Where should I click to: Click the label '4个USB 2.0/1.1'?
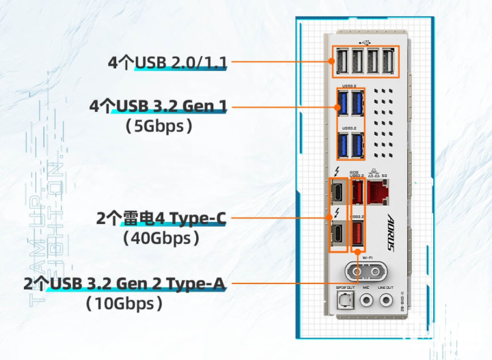(167, 63)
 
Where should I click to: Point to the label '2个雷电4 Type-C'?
(161, 219)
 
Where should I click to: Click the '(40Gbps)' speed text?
(161, 238)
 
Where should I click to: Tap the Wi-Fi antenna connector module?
(363, 270)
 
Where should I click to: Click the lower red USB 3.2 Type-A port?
(357, 234)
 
